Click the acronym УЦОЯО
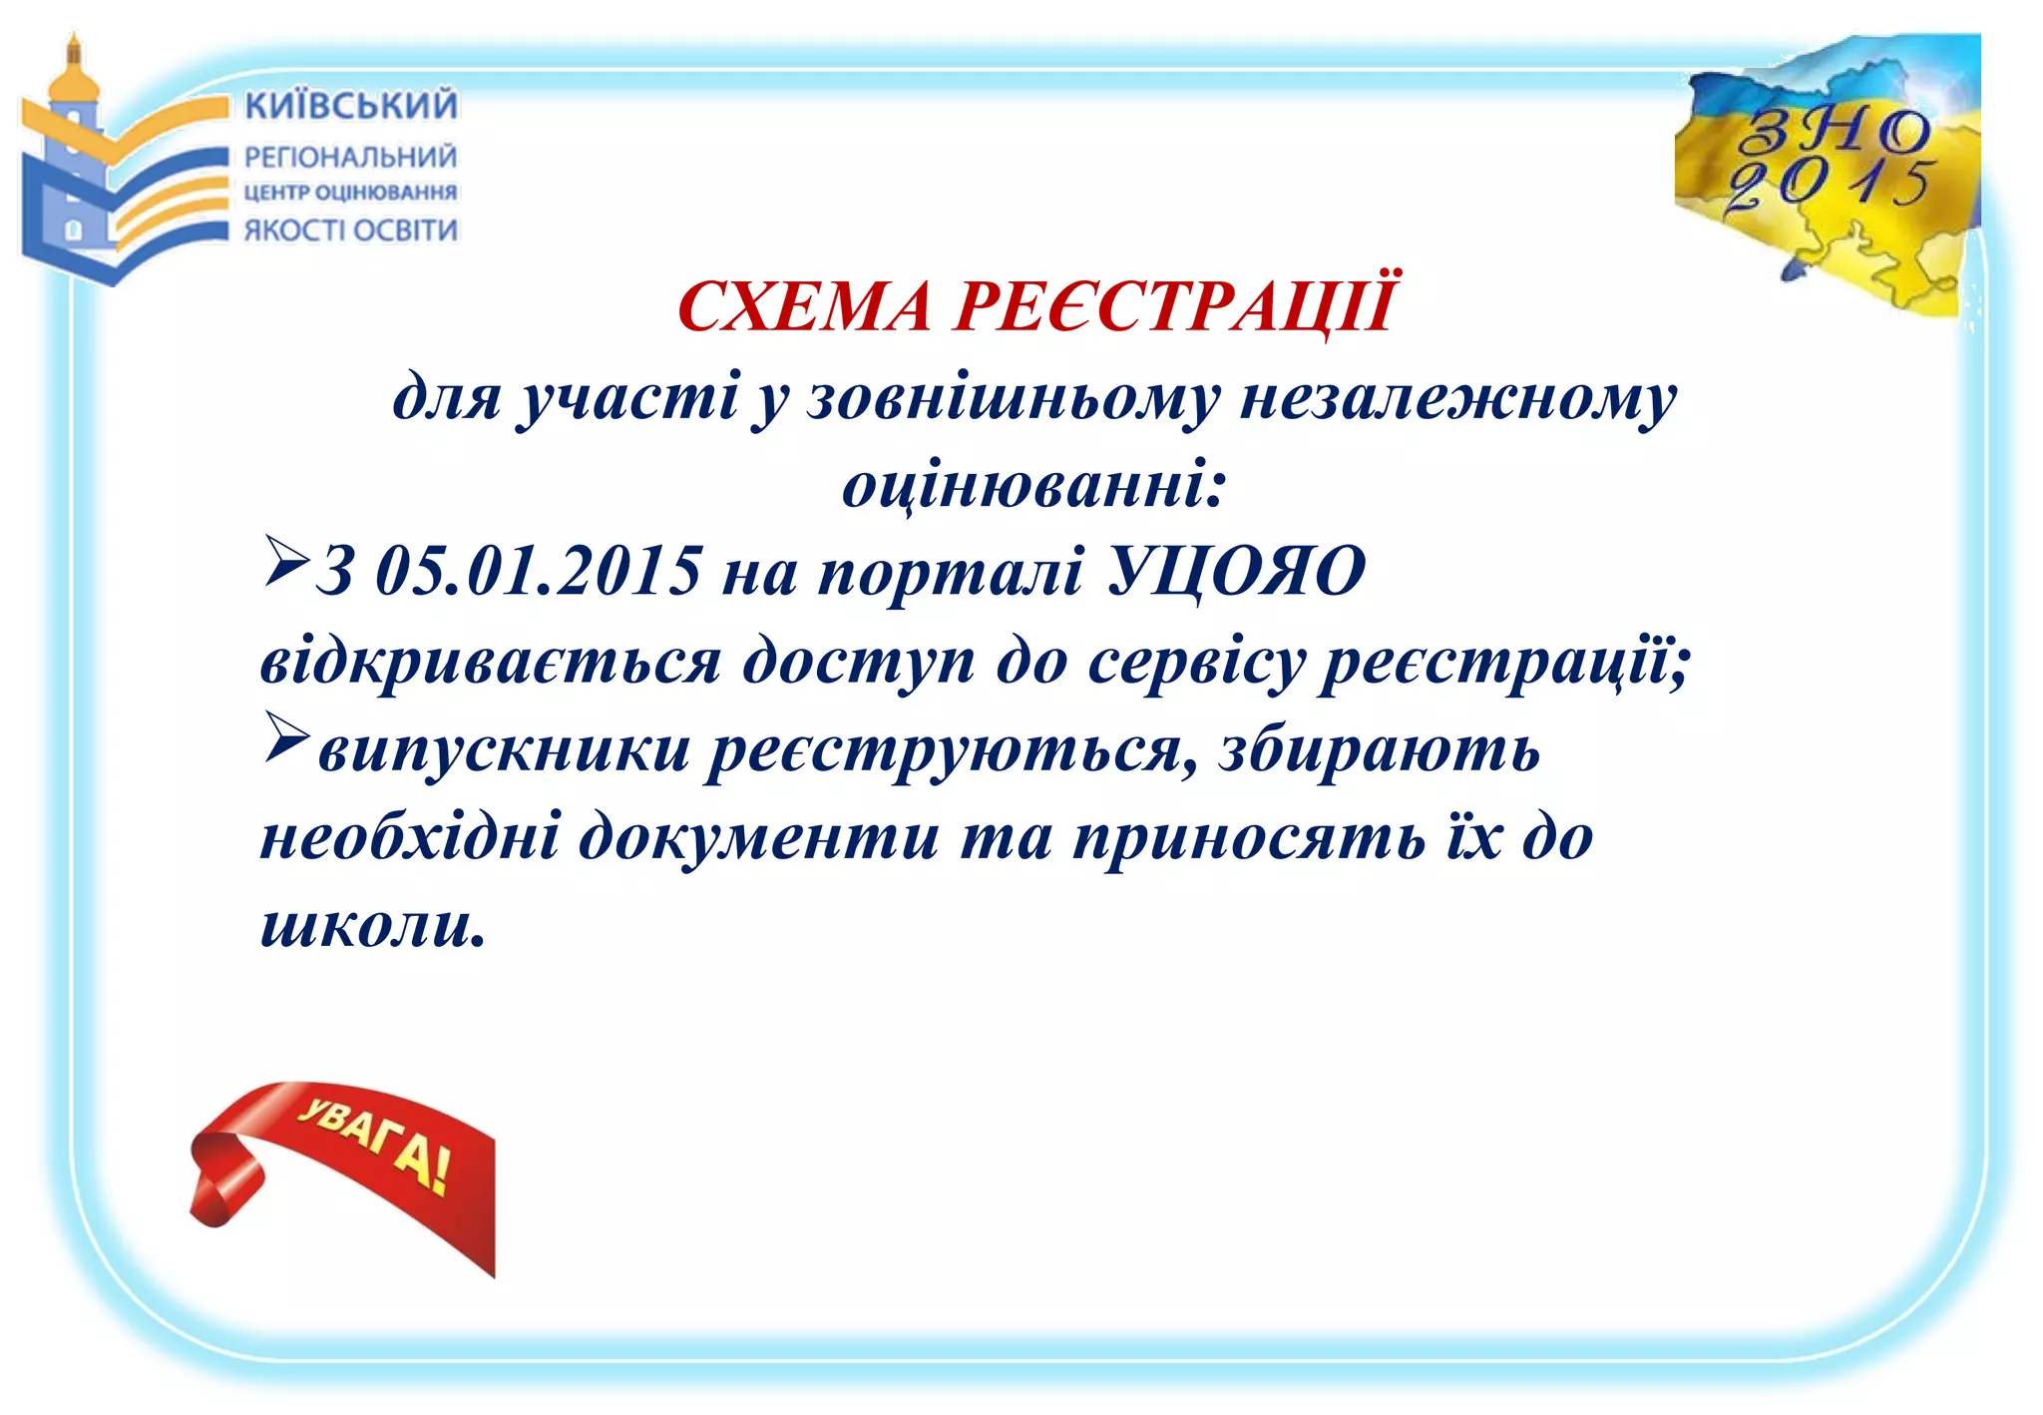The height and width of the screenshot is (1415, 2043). point(1237,572)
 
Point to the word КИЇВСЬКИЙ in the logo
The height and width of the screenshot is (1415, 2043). point(351,106)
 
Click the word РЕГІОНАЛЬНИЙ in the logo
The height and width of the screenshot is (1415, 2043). point(350,157)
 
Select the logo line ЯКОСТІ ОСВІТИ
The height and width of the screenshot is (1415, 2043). point(350,231)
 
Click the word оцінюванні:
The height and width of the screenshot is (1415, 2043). point(1033,486)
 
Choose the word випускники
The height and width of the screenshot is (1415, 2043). point(504,749)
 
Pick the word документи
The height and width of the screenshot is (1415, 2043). point(759,836)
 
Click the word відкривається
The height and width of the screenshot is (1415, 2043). point(490,662)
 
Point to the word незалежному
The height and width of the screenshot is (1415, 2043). point(1457,399)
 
